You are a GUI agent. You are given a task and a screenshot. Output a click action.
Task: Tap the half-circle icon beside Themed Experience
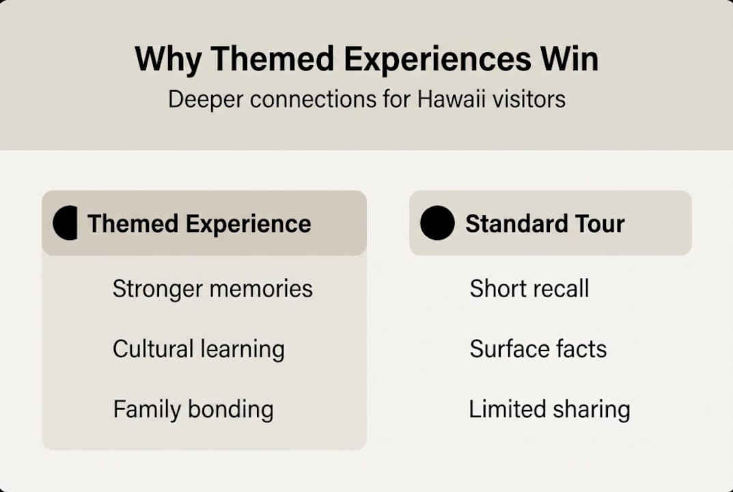(66, 223)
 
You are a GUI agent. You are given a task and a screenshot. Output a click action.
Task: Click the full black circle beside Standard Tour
(437, 223)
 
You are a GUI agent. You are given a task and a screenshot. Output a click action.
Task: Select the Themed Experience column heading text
(199, 224)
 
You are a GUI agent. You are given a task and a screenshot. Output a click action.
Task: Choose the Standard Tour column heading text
(544, 224)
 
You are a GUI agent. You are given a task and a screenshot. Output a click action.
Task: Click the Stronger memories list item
(212, 289)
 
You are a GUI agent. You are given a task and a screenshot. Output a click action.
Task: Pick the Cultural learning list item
(199, 349)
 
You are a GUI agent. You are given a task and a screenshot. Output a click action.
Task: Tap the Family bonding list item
(193, 409)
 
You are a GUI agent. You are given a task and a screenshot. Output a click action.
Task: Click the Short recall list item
(529, 289)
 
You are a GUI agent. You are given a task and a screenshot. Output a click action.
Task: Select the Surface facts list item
(538, 349)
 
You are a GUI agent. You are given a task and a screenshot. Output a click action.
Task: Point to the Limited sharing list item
(549, 409)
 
